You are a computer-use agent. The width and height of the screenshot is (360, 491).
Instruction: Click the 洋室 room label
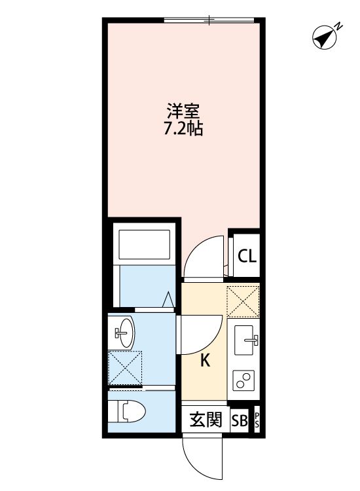[183, 112]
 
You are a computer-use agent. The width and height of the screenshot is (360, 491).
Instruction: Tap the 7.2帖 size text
[183, 129]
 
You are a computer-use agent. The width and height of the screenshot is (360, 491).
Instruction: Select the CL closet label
[247, 256]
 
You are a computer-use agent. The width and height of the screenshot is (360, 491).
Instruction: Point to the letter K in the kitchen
[205, 360]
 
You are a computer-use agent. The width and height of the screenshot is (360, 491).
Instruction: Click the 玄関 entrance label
[206, 420]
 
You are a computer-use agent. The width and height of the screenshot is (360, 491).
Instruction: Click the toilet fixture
[127, 411]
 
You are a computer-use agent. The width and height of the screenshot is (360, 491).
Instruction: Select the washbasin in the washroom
[124, 333]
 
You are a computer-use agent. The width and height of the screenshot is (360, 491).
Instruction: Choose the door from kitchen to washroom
[200, 334]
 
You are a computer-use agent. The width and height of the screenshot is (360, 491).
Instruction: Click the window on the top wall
[210, 21]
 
